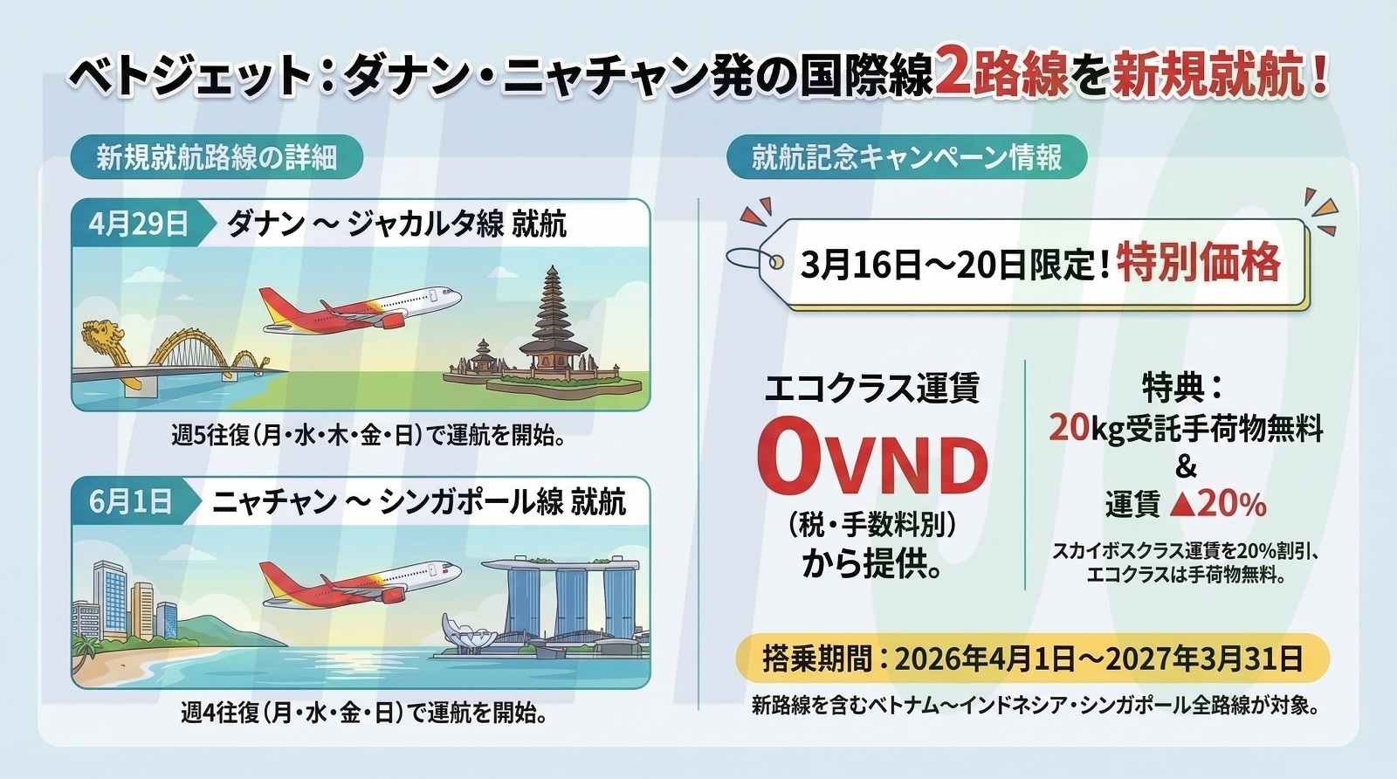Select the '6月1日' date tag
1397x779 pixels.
point(132,501)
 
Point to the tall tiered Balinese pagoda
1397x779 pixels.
point(552,323)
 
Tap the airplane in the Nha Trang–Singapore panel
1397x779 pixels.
point(360,584)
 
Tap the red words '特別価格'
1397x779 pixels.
point(1199,264)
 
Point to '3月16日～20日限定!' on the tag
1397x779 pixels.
point(954,265)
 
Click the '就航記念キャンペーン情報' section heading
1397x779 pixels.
point(907,157)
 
